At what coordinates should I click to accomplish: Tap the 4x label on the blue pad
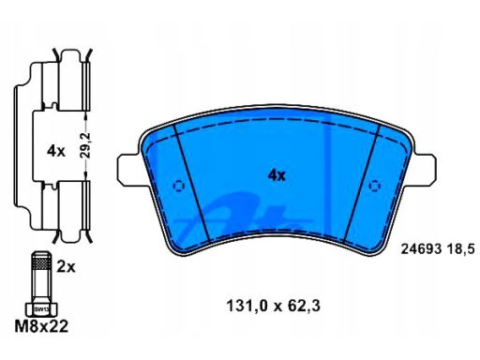(277, 175)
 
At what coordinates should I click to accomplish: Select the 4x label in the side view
(56, 152)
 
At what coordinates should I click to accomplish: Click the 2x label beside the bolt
(66, 267)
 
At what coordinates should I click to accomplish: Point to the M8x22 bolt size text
(41, 326)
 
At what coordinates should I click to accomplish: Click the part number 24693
(421, 249)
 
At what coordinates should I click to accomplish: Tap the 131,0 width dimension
(247, 306)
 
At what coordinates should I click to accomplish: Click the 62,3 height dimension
(304, 306)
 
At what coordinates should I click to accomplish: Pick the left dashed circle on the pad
(179, 186)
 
